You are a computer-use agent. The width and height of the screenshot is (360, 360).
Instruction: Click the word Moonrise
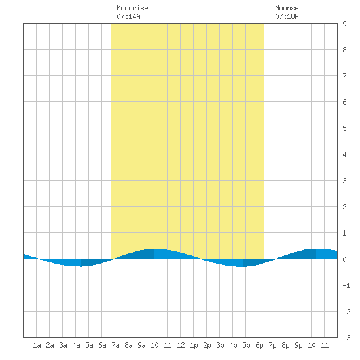(132, 8)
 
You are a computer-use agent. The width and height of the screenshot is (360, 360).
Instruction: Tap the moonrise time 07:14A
(128, 16)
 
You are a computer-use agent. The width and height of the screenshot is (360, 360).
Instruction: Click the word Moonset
(289, 8)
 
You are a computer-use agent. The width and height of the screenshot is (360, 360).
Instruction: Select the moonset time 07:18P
(287, 16)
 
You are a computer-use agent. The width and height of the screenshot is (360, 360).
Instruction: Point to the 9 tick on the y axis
(344, 24)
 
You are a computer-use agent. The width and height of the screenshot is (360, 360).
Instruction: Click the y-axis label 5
(344, 128)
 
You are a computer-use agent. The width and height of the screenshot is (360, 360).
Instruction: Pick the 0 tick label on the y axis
(344, 259)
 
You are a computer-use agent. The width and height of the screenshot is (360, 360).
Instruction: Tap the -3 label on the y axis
(347, 338)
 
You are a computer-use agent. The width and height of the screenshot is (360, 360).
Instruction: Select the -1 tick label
(347, 285)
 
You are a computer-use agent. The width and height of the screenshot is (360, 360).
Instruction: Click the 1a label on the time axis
(37, 345)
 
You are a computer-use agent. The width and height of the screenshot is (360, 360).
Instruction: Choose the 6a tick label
(102, 345)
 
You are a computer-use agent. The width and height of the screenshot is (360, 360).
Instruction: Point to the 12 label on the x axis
(181, 345)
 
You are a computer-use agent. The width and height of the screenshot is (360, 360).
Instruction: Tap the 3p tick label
(220, 345)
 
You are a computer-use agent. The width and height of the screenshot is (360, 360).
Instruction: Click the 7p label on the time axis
(272, 345)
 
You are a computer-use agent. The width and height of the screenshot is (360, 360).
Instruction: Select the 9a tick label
(141, 345)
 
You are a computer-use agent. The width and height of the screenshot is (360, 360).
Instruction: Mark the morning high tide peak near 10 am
(154, 249)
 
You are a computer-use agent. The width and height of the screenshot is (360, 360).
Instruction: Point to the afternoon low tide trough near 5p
(240, 267)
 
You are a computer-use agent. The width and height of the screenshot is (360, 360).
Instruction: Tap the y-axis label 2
(344, 207)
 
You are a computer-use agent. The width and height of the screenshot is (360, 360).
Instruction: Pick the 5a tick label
(89, 345)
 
